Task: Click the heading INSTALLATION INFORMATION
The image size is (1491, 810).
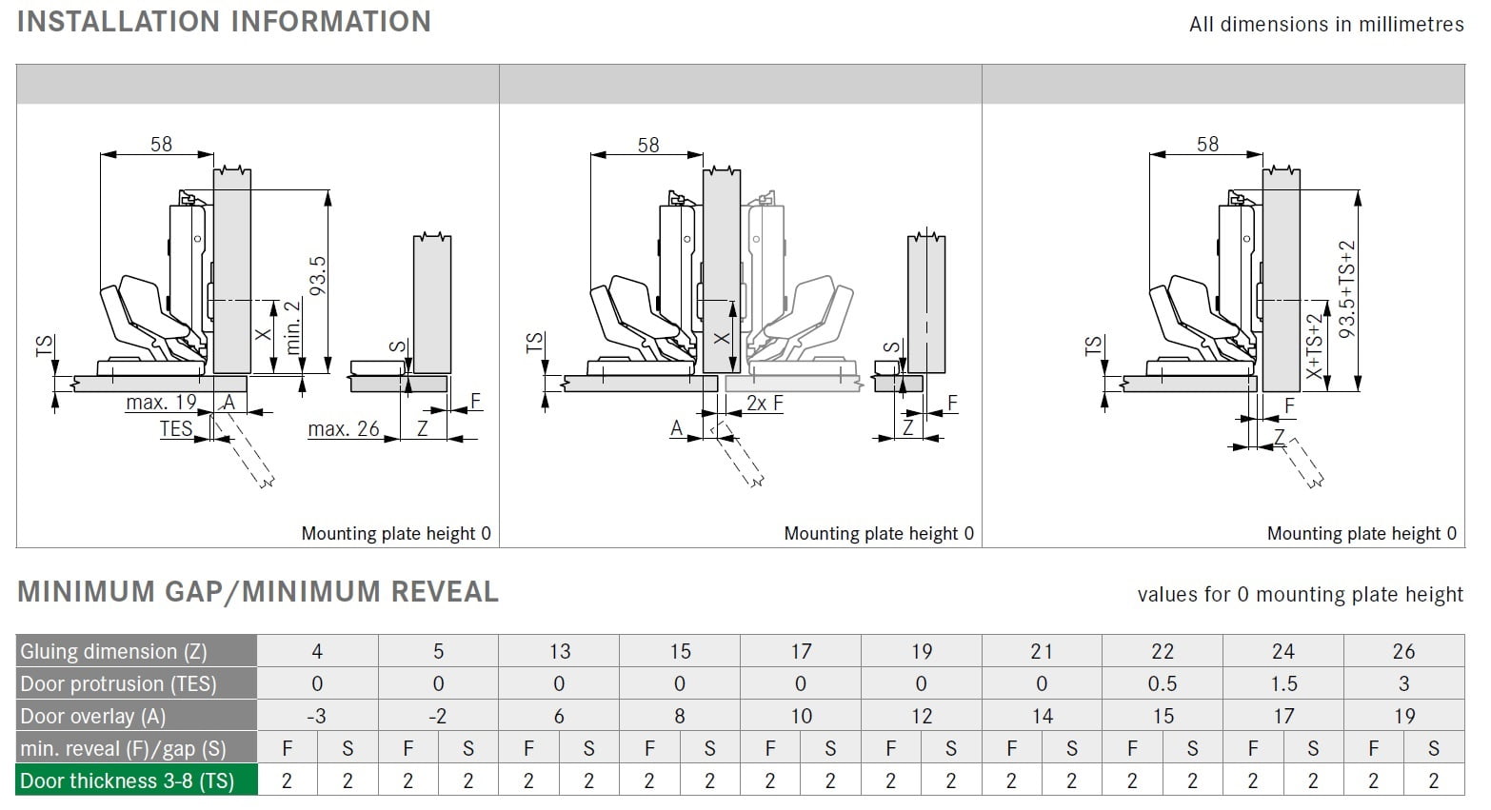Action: [224, 21]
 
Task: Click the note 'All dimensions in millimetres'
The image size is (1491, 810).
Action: [1325, 25]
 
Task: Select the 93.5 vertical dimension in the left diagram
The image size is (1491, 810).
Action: [318, 276]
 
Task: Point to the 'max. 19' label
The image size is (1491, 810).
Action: [161, 403]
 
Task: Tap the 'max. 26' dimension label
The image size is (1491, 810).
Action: [343, 429]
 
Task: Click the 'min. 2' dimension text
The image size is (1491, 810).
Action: [293, 326]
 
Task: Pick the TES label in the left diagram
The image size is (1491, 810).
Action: [176, 428]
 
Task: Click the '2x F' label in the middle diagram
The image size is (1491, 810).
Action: [765, 404]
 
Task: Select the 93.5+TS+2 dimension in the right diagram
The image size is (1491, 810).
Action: [1346, 289]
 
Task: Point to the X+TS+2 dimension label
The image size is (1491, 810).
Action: [1315, 347]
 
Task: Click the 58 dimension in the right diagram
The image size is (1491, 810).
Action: [1207, 144]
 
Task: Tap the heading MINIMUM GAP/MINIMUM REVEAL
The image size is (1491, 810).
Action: [258, 592]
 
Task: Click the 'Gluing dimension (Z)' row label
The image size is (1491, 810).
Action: [113, 651]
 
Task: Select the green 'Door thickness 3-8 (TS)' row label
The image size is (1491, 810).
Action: [127, 780]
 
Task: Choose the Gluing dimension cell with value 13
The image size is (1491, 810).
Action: [559, 651]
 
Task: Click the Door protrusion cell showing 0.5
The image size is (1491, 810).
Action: [1163, 683]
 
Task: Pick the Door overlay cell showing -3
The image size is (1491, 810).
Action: [317, 716]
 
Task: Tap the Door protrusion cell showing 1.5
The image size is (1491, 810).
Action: [1283, 683]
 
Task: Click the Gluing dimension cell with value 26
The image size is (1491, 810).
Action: [1403, 651]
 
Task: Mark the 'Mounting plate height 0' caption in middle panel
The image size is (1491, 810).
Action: [878, 533]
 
